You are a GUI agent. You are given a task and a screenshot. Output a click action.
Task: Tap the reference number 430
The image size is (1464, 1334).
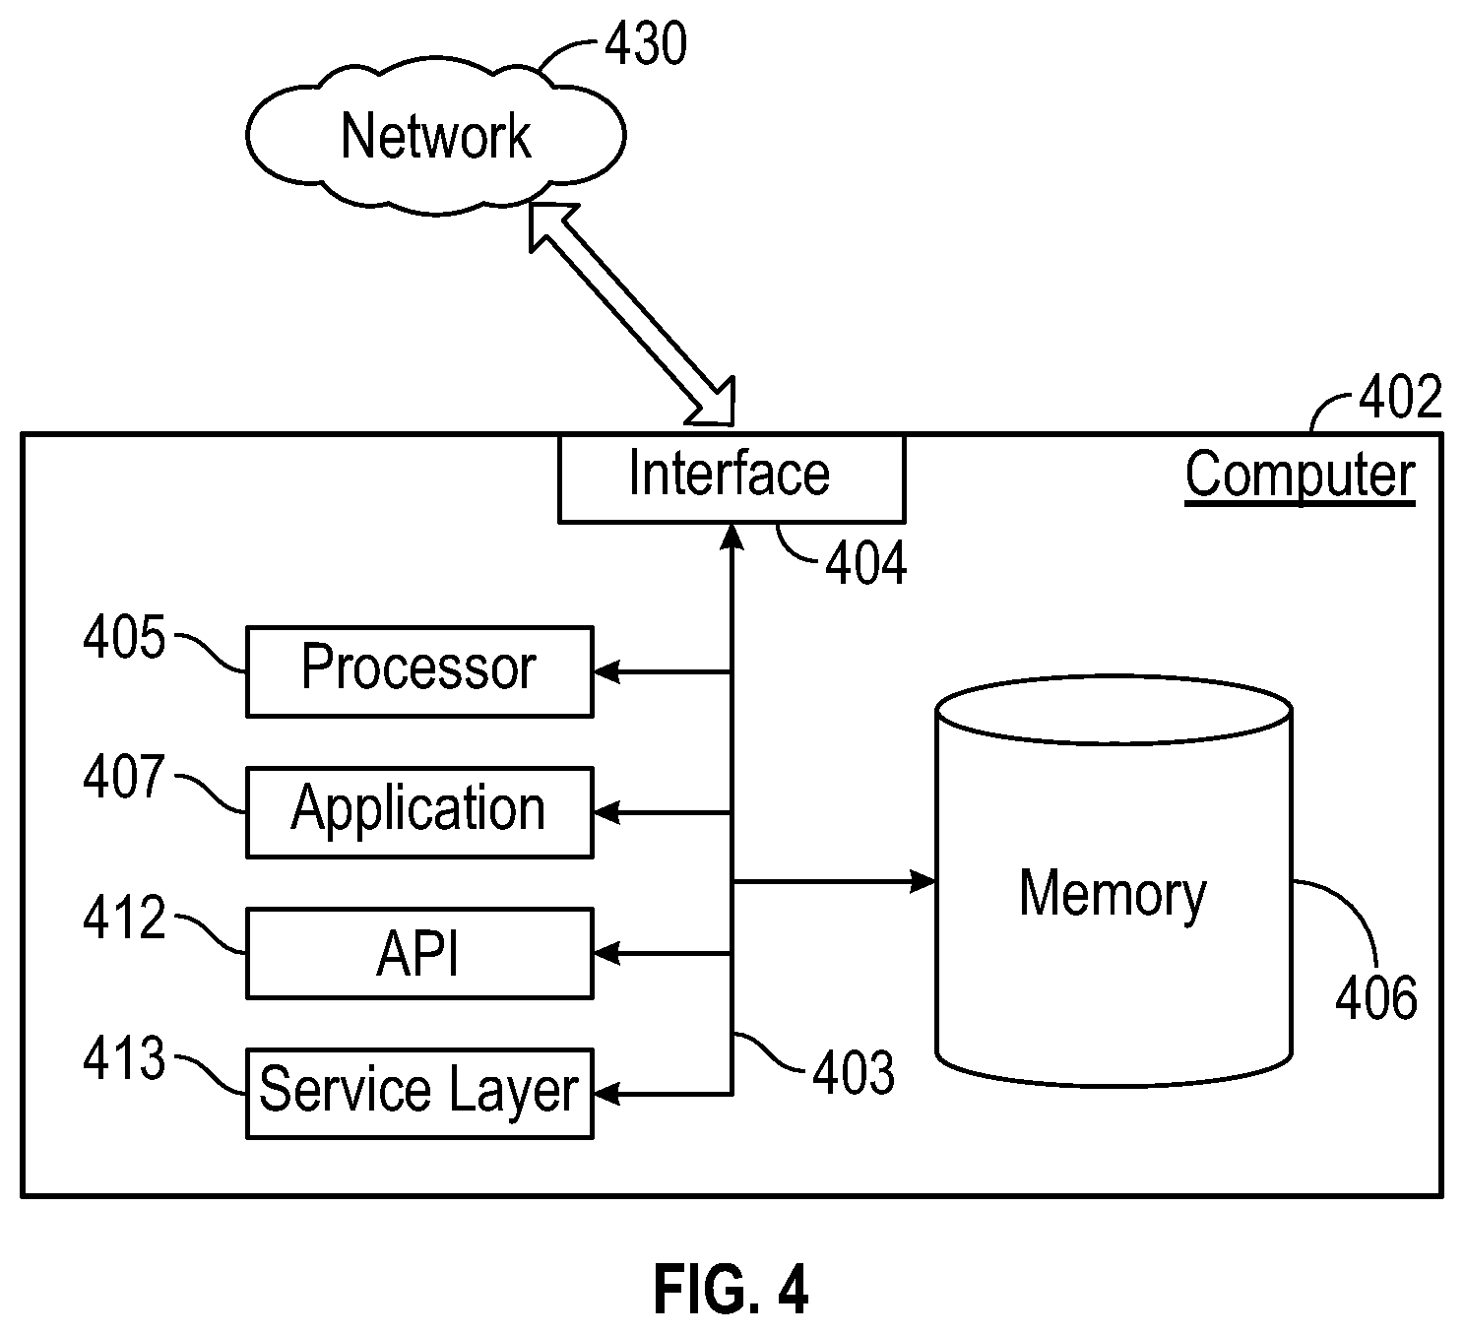(x=646, y=43)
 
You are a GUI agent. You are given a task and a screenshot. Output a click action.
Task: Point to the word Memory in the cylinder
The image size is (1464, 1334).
(x=1113, y=896)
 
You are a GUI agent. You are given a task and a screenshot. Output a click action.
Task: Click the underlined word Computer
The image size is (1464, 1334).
(x=1300, y=476)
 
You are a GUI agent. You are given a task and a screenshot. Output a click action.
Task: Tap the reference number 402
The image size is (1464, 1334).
(x=1401, y=397)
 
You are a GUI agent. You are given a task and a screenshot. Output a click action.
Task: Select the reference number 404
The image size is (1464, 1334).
(x=866, y=563)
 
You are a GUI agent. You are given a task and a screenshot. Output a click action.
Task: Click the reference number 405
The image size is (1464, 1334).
(x=124, y=637)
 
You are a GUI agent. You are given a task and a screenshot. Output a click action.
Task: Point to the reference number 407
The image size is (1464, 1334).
(x=124, y=777)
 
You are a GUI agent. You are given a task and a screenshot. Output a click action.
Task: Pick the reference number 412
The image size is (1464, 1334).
(x=124, y=918)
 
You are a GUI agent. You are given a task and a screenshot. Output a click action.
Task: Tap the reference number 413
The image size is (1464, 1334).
(x=124, y=1058)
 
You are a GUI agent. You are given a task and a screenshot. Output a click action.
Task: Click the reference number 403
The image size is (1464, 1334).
(x=854, y=1073)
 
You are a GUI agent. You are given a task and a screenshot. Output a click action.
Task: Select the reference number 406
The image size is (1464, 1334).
(x=1376, y=997)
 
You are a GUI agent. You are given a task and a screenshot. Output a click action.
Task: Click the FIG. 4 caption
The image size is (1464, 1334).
(x=732, y=1291)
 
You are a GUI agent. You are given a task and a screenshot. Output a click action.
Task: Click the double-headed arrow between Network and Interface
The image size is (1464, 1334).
(x=632, y=314)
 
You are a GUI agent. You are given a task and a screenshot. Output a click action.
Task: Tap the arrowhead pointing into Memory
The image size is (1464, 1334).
(x=923, y=881)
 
